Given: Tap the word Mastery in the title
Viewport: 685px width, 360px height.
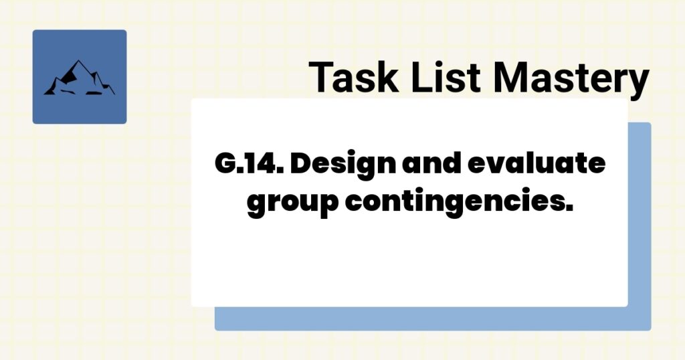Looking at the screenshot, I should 571,77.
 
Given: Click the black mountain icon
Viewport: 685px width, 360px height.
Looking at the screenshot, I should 79,78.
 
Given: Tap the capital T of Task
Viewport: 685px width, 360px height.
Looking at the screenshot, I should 322,77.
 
